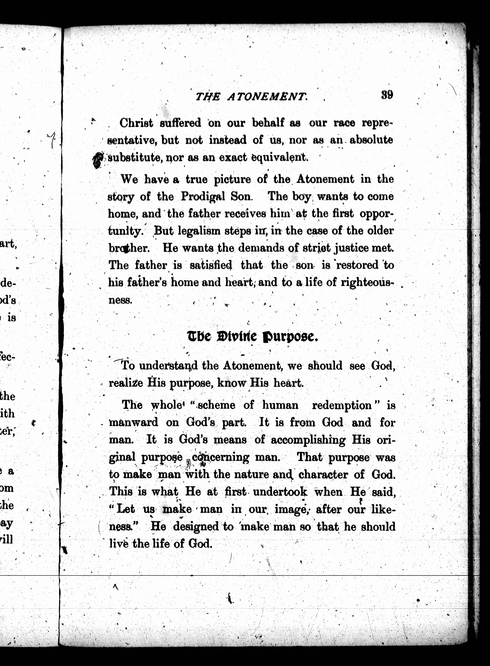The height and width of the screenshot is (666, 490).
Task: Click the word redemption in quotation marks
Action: (x=342, y=405)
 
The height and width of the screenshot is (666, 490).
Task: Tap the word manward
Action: (x=133, y=422)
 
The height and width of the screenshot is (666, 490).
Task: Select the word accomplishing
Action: (x=308, y=440)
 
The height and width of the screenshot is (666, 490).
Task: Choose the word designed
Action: (x=196, y=527)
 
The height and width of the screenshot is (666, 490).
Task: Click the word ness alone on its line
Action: (x=120, y=300)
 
